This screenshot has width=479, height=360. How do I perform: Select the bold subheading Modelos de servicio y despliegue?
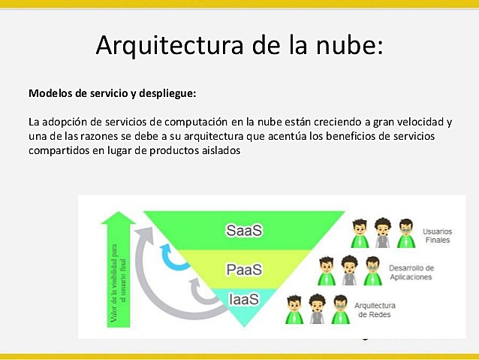(112, 94)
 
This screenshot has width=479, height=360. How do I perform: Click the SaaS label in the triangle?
(244, 230)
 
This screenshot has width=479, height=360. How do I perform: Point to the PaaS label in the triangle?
(244, 268)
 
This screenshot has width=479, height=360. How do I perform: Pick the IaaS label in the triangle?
(244, 299)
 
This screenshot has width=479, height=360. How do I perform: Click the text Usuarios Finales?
(438, 235)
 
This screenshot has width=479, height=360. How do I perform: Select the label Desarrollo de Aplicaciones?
(411, 273)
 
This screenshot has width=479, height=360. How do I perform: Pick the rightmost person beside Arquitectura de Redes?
(340, 308)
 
